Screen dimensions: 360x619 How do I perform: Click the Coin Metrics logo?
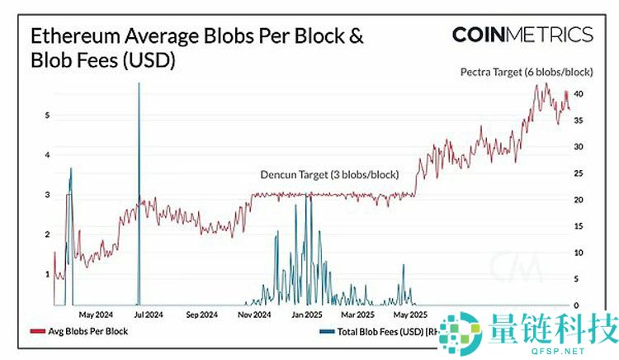[x=522, y=34]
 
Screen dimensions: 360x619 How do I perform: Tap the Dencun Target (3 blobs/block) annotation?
[x=329, y=175]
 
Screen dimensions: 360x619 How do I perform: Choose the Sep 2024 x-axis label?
[x=202, y=315]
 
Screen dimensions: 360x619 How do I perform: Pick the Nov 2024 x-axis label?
[x=255, y=315]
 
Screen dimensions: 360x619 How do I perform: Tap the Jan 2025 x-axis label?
[x=307, y=315]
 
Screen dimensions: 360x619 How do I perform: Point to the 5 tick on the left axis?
[x=46, y=116]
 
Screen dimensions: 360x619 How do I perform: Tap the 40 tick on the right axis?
[x=580, y=94]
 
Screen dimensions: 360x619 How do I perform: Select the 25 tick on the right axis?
[x=580, y=173]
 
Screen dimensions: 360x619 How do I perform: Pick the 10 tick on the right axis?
[x=580, y=253]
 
